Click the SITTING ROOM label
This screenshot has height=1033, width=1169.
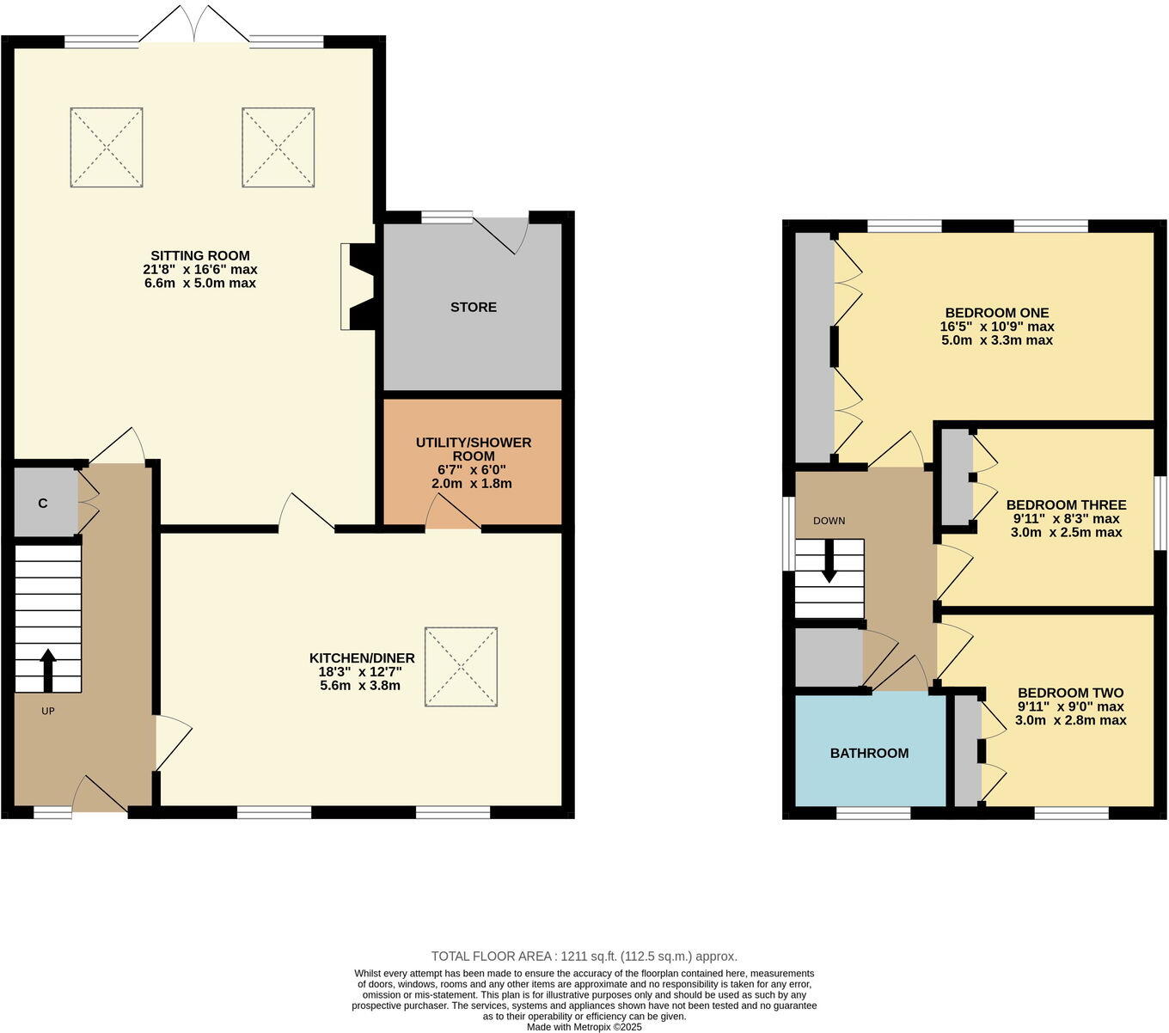(x=200, y=255)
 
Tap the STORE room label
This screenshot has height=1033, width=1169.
(x=474, y=307)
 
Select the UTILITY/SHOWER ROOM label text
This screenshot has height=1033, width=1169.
(x=474, y=449)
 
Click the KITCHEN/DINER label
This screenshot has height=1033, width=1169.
(x=362, y=658)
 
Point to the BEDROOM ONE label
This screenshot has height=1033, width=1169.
(x=997, y=313)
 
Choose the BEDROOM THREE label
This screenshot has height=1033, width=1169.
(x=1066, y=504)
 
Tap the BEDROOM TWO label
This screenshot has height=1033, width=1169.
(x=1070, y=693)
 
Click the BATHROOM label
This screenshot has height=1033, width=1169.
(x=869, y=753)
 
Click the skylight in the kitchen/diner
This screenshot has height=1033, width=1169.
(x=462, y=667)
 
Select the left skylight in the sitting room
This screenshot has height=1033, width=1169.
(x=107, y=147)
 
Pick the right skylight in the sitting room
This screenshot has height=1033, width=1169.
(x=278, y=147)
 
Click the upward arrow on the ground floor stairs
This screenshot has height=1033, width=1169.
(x=47, y=669)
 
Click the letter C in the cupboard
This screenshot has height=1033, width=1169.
(x=42, y=503)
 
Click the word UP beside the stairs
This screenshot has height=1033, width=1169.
(x=48, y=711)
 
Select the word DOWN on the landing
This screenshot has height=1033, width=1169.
(x=829, y=521)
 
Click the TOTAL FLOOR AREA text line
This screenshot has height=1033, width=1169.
(x=584, y=956)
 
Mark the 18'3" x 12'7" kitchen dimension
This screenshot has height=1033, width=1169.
(x=362, y=672)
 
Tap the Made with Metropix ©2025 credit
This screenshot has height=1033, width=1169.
(x=584, y=1026)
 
